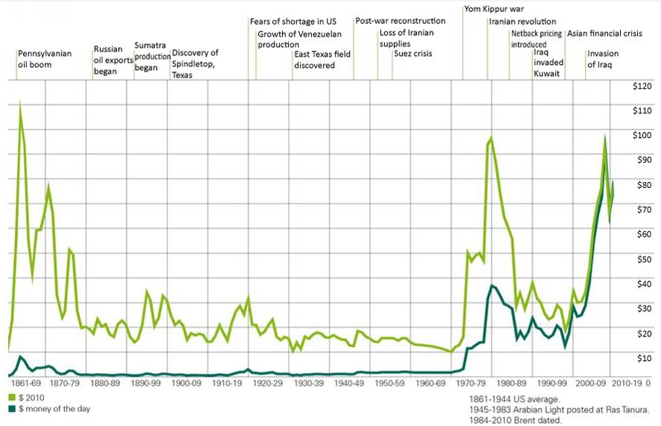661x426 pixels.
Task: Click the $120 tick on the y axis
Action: click(641, 87)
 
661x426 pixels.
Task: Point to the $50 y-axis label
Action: click(641, 258)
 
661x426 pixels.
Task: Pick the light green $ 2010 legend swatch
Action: click(13, 396)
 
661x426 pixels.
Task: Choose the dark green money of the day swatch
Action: click(13, 410)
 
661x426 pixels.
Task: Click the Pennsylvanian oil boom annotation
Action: click(44, 60)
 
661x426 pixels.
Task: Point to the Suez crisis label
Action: click(413, 54)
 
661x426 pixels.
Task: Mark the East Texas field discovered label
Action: click(322, 60)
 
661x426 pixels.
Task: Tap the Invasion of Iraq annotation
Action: click(603, 60)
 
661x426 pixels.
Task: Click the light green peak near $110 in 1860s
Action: click(20, 104)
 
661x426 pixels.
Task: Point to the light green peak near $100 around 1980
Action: click(490, 139)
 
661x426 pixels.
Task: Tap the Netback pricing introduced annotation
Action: click(536, 39)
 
